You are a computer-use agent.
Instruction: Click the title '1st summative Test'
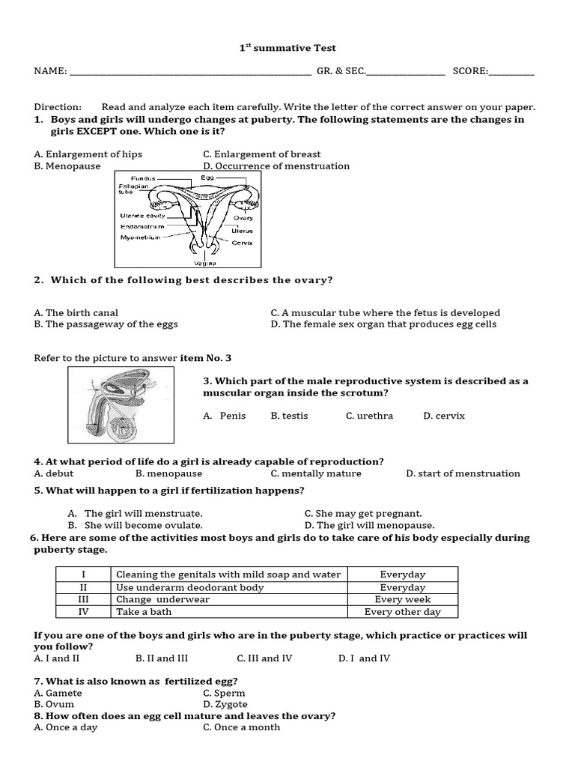(287, 48)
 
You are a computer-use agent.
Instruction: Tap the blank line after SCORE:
(512, 73)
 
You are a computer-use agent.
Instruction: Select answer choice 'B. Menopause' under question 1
(67, 166)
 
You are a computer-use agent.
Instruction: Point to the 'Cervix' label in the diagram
(242, 243)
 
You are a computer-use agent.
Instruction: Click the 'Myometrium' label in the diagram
(140, 237)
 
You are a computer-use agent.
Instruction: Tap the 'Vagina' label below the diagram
(205, 264)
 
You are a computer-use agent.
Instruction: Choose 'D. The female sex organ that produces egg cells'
(383, 324)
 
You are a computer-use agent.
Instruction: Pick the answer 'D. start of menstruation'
(463, 473)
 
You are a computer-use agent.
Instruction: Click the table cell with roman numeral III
(84, 599)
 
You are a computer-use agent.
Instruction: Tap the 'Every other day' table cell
(402, 612)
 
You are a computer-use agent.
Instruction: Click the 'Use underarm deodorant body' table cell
(190, 587)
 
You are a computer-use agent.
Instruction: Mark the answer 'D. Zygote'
(225, 705)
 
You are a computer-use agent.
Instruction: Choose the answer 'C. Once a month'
(241, 727)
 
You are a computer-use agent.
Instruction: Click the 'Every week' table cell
(402, 599)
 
